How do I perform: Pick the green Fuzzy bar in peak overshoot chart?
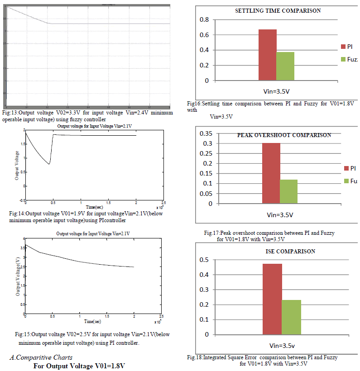coord(288,191)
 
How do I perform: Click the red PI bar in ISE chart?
coord(272,299)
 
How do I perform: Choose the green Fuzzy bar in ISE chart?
coord(291,317)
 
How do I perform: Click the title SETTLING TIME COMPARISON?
coord(278,10)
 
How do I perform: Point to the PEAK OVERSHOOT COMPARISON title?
coord(284,135)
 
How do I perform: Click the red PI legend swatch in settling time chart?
coord(343,47)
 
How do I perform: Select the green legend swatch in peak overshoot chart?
coord(347,181)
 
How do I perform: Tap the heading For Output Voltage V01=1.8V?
coord(79,366)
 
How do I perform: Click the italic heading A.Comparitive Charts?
coord(41,357)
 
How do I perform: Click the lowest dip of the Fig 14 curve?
coord(49,164)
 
